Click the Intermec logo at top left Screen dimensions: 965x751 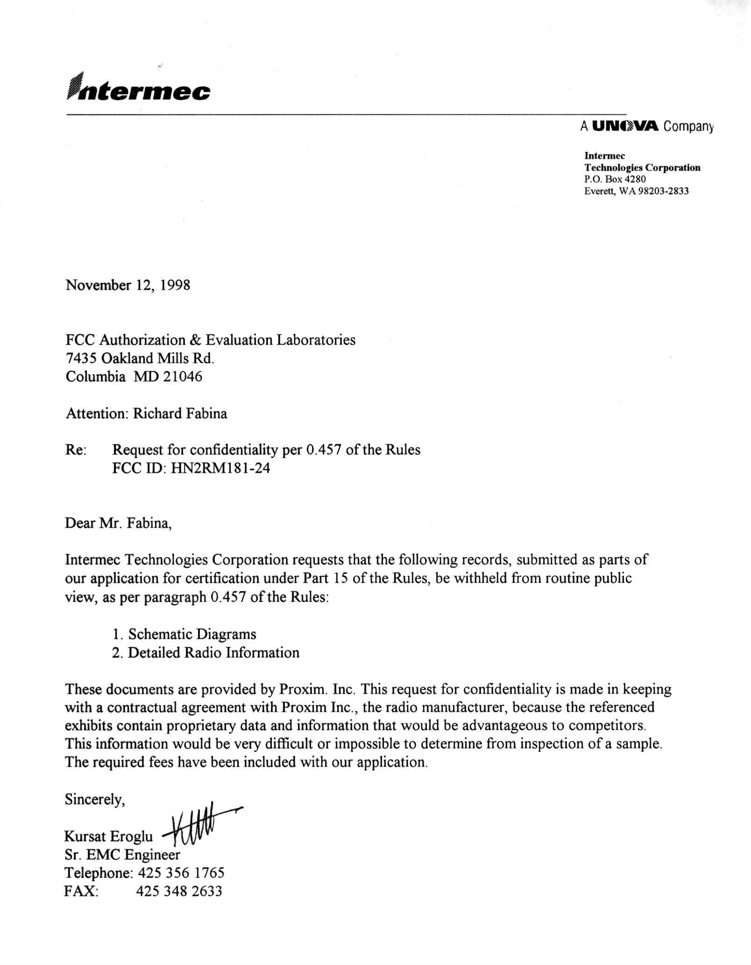click(x=139, y=87)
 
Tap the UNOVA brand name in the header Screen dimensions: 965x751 click(x=625, y=126)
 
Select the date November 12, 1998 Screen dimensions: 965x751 click(x=128, y=285)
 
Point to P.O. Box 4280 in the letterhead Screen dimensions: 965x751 click(x=615, y=179)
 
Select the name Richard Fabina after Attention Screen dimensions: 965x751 click(x=180, y=413)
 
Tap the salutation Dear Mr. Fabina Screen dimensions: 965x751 click(x=118, y=523)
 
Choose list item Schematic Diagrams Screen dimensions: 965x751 click(x=192, y=634)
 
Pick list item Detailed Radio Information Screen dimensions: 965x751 click(x=213, y=653)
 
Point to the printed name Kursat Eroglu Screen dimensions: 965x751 click(x=109, y=837)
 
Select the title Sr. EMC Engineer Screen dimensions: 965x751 click(x=122, y=855)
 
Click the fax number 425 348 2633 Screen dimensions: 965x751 click(x=179, y=891)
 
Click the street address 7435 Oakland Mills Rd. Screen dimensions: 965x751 click(x=140, y=358)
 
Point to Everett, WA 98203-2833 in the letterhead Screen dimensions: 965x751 click(x=636, y=191)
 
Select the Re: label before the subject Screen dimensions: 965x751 click(x=76, y=450)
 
